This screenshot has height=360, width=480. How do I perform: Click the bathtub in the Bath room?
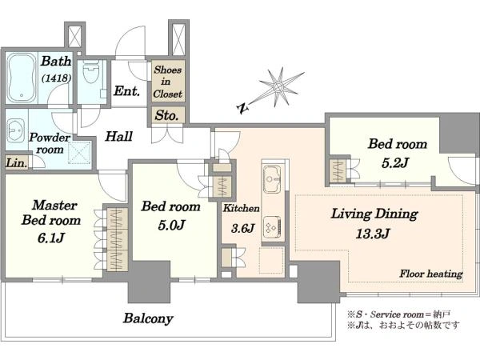click(x=21, y=78)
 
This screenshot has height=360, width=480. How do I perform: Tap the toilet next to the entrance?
click(x=91, y=72)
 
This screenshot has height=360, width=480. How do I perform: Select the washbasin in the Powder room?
click(x=16, y=131)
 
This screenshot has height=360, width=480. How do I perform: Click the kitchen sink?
click(x=272, y=178)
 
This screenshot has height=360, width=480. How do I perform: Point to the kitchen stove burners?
click(x=272, y=227)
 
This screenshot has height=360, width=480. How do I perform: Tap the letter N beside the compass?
click(x=242, y=108)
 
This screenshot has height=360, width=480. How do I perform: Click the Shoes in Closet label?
click(x=167, y=82)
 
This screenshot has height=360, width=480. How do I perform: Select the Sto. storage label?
click(x=166, y=115)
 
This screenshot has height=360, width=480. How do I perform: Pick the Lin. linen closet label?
click(x=16, y=163)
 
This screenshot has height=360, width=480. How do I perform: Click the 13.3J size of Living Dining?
click(x=373, y=234)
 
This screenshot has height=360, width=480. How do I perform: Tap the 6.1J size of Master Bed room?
click(x=51, y=238)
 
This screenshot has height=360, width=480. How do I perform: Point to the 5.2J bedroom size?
click(x=395, y=163)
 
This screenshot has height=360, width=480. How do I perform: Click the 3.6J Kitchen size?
click(x=242, y=228)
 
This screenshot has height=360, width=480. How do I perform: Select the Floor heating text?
click(x=431, y=274)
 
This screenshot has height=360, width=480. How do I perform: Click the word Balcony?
click(x=148, y=318)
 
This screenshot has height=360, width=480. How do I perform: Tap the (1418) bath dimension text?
click(x=56, y=78)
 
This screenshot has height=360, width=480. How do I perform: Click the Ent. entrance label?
click(x=126, y=91)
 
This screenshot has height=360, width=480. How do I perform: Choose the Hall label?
click(x=118, y=137)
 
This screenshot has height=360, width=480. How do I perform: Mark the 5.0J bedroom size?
click(x=171, y=226)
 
